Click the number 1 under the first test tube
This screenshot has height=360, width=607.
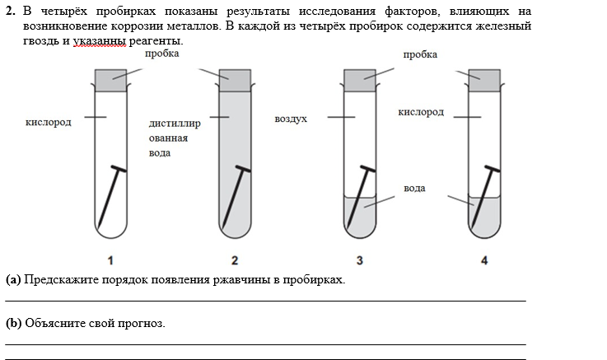coord(110,260)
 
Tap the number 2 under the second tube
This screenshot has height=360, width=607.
coord(235,260)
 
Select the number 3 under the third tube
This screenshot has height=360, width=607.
coord(359,260)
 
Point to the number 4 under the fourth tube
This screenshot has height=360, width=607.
coord(484,260)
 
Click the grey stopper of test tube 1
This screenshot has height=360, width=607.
coord(110,80)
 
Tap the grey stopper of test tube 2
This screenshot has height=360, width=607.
coord(235,80)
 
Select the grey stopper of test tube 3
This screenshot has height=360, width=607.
coord(359,80)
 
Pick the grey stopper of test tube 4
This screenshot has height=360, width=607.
coord(484,80)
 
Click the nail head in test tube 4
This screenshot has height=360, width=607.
coord(492,169)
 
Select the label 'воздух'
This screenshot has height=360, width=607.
coord(291,119)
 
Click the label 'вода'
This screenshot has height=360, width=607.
coord(414,189)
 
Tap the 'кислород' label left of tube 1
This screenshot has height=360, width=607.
coord(49,123)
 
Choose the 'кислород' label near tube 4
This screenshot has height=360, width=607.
coord(420,112)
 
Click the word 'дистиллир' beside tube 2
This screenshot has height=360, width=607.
coord(175,124)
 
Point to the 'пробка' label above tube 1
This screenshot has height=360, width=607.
coord(161,54)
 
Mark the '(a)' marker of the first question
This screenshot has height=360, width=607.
coord(13,279)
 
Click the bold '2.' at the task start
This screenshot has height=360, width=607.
coord(11,11)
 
